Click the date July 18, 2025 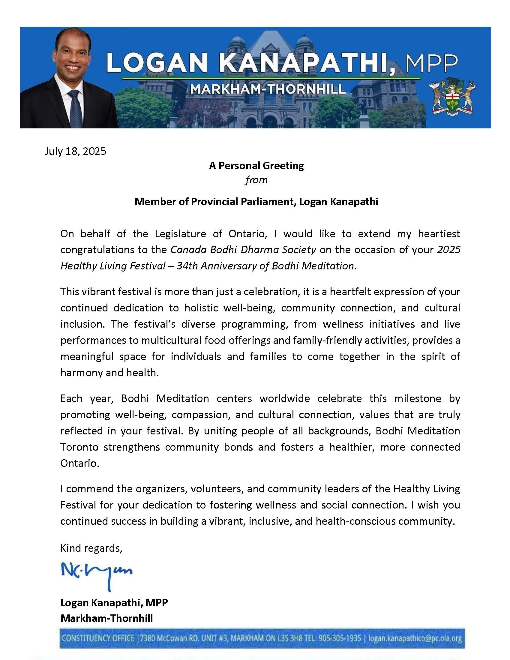(76, 151)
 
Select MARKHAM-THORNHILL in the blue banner (268, 89)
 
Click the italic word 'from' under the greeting (256, 180)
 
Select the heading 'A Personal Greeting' (256, 166)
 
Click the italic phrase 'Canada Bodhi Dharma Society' (243, 250)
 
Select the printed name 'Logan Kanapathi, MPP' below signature (114, 603)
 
